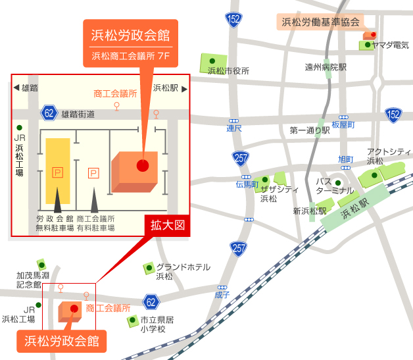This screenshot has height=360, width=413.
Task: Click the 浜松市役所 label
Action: pos(228,71)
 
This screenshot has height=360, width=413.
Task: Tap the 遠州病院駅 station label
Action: pos(326,67)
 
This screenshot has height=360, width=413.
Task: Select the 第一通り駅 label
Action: pos(309,130)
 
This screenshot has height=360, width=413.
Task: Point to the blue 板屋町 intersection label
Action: pos(343,124)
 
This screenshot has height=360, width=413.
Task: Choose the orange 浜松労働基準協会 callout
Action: pos(321,22)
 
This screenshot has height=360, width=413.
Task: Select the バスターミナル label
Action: pos(334,186)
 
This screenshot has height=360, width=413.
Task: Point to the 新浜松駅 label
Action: pos(310,211)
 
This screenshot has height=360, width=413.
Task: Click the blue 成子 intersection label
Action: pos(222,295)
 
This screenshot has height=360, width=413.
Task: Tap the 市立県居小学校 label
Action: pos(157,324)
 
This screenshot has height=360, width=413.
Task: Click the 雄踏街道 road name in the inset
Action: pos(78,114)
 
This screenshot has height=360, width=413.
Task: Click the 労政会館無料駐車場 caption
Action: pos(55,223)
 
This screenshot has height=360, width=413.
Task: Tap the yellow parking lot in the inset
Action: pos(57,170)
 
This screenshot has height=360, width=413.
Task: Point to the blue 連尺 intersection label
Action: pos(234,128)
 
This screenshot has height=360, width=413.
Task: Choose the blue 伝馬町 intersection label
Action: pos(247,184)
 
